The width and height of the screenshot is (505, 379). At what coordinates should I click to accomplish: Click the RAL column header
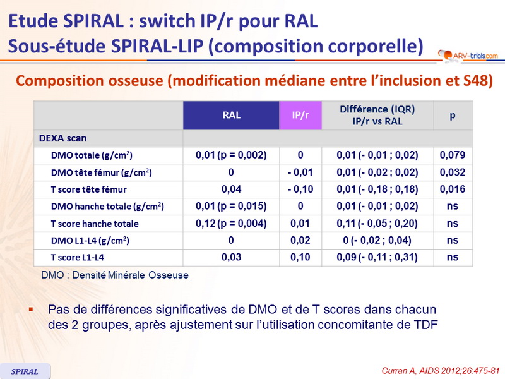(x=231, y=116)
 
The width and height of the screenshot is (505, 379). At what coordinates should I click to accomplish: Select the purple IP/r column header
(x=300, y=116)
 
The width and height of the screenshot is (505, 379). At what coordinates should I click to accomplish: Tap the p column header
(x=452, y=116)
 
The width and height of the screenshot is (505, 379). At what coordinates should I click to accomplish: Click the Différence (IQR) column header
(x=377, y=115)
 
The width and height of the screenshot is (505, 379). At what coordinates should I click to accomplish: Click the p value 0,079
(x=452, y=155)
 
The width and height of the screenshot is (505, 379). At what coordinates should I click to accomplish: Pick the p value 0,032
(x=452, y=172)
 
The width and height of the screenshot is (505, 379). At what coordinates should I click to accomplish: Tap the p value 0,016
(x=452, y=189)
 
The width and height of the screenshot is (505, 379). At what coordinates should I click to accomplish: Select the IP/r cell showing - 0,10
(x=300, y=189)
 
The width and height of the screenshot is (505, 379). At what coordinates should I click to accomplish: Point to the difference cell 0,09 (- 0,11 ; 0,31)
(x=377, y=257)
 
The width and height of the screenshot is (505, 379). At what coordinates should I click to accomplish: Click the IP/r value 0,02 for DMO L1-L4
(x=300, y=240)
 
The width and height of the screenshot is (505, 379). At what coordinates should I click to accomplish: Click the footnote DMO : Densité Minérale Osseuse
(x=114, y=275)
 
